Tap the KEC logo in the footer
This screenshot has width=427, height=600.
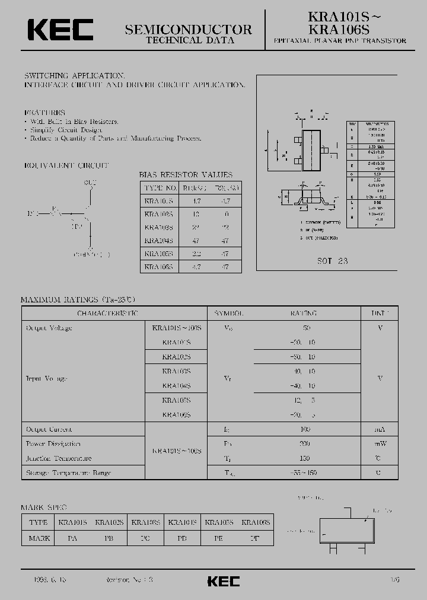(x=223, y=581)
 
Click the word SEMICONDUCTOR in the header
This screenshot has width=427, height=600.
(x=189, y=29)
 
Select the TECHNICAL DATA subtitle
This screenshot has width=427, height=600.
(x=190, y=40)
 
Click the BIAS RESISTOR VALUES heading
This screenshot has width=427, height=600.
(x=186, y=175)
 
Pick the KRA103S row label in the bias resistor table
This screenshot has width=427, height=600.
(x=158, y=227)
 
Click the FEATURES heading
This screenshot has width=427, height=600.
(x=44, y=112)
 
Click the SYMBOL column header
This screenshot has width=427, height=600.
(x=228, y=313)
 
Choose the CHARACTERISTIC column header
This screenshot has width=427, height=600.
(x=108, y=313)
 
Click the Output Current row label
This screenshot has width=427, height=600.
(x=49, y=429)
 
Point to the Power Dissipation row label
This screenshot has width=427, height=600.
(x=53, y=443)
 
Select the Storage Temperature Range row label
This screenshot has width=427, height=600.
(x=68, y=473)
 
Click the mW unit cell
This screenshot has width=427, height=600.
(x=379, y=443)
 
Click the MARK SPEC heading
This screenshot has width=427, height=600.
(x=44, y=508)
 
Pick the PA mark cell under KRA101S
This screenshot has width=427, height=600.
(x=72, y=538)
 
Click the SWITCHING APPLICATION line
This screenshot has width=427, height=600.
(x=74, y=76)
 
